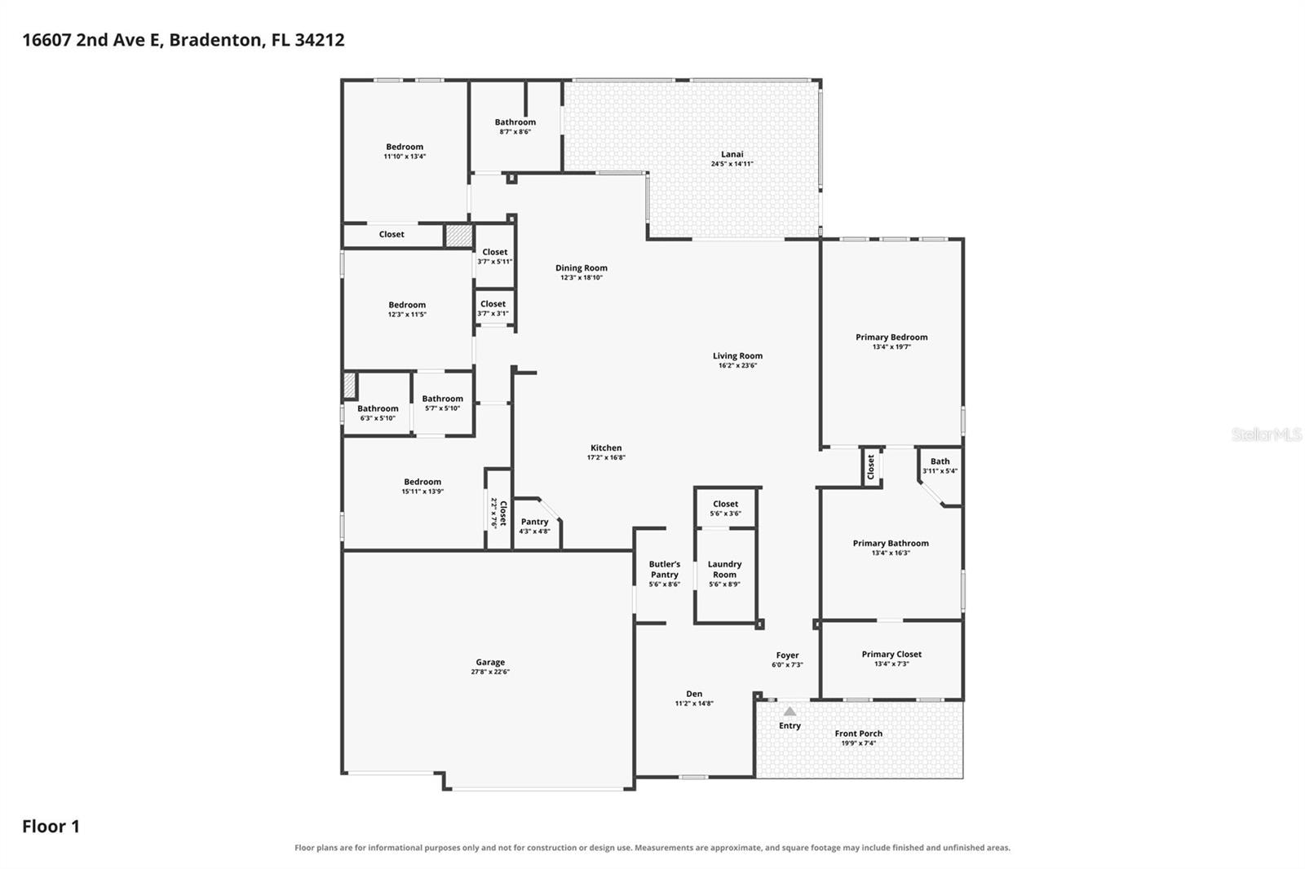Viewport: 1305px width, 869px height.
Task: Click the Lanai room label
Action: (732, 154)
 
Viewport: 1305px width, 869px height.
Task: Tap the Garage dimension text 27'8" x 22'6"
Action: (490, 672)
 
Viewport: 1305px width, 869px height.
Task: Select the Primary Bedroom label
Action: (891, 337)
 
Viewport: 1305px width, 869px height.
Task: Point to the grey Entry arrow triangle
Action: (790, 711)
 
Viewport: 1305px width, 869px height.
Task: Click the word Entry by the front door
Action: (790, 726)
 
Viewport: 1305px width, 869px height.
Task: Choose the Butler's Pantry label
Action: (665, 569)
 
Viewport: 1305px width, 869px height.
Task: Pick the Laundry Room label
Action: (725, 569)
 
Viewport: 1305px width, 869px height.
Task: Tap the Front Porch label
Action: (858, 734)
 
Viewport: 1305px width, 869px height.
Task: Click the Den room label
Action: (694, 694)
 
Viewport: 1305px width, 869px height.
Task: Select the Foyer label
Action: (787, 655)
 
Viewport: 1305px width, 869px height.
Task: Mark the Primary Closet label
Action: (891, 654)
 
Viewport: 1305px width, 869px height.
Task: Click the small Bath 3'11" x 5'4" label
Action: (940, 465)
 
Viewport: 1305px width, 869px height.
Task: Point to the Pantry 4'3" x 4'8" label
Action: (534, 526)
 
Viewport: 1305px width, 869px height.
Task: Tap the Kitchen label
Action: (606, 448)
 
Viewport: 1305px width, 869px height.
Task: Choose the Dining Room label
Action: (582, 268)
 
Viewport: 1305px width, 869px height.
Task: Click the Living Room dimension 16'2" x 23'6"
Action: (737, 366)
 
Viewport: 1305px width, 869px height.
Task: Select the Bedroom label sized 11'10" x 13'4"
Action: (405, 147)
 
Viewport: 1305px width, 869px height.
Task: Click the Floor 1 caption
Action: (51, 827)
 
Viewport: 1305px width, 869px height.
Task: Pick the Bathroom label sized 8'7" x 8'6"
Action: (515, 122)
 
